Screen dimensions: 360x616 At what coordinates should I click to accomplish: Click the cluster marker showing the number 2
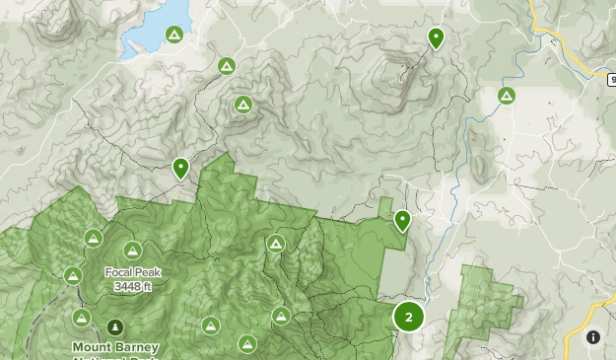tap(408, 317)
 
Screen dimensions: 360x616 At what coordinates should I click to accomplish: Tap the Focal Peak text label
tap(133, 272)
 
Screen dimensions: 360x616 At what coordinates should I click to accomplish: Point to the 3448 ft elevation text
tap(133, 286)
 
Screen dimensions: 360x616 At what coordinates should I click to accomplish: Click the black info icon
tap(593, 337)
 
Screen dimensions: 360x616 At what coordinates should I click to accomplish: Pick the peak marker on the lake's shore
tap(173, 36)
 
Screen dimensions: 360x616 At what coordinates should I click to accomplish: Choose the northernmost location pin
tap(436, 37)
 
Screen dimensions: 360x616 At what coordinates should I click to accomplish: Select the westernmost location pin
tap(180, 167)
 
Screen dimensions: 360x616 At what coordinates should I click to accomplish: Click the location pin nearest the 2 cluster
tap(402, 220)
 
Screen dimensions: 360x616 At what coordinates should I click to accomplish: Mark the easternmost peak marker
tap(506, 96)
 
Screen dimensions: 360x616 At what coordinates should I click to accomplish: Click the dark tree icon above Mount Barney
tap(116, 326)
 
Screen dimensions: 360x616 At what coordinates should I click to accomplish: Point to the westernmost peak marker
tap(72, 275)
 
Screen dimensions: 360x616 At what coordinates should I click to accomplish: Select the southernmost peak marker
tap(246, 343)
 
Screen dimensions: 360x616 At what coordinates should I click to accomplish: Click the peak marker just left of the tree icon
tap(82, 318)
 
